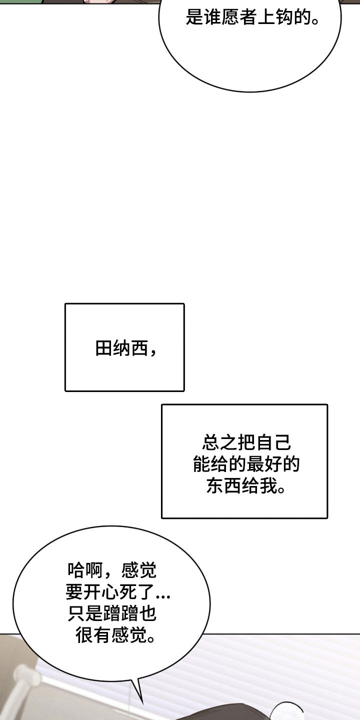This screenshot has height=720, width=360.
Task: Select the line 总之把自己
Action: (x=246, y=442)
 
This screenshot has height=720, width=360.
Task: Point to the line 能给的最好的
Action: (x=246, y=464)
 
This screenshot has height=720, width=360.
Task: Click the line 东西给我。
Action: (x=246, y=485)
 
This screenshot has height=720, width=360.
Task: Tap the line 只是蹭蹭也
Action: (x=112, y=613)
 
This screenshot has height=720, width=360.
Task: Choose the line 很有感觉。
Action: (x=115, y=635)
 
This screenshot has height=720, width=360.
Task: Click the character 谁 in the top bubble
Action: (x=212, y=16)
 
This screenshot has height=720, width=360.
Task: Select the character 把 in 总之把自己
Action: (x=246, y=442)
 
